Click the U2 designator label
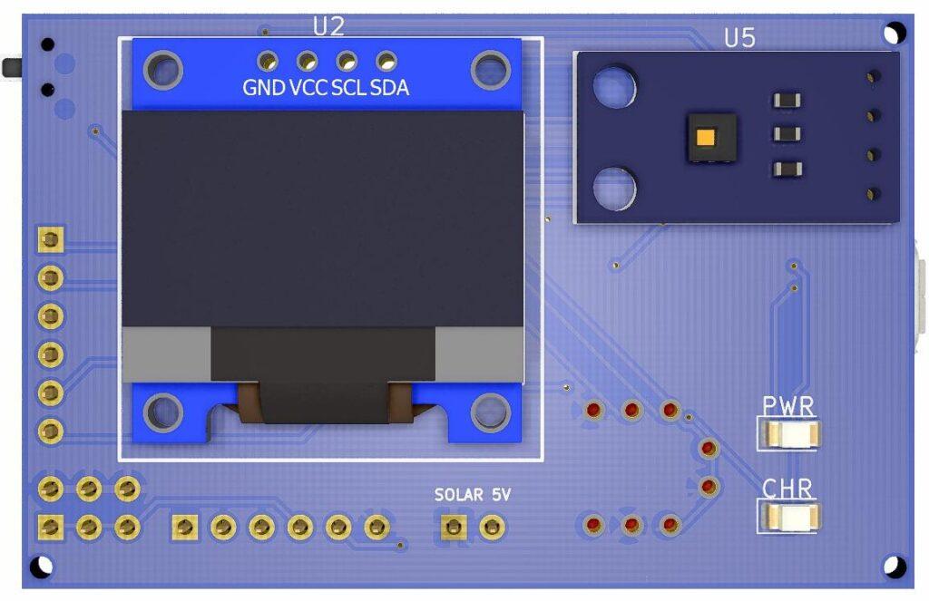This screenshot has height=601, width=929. coord(328,26)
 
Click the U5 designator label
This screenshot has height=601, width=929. coord(739,38)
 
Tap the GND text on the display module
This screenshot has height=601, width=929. coord(263,88)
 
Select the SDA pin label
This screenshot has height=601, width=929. coord(389,88)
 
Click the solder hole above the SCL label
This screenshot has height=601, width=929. coord(347,62)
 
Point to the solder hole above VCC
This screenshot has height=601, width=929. coord(307,62)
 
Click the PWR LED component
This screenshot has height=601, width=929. coord(787,433)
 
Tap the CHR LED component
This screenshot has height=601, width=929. coord(789,518)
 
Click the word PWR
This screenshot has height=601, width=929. coord(787,405)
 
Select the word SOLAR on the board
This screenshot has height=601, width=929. coord(460,495)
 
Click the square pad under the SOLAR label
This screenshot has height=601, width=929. coord(452,527)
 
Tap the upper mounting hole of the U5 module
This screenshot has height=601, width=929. coord(614,85)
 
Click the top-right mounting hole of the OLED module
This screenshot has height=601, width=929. coord(490,68)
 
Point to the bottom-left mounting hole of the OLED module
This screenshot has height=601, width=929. coord(163,412)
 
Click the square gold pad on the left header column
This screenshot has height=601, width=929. coord(51,239)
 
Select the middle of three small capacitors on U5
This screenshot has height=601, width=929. coord(786,134)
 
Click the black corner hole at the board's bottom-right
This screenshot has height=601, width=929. coord(895,566)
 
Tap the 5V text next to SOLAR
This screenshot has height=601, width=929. coord(502,495)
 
